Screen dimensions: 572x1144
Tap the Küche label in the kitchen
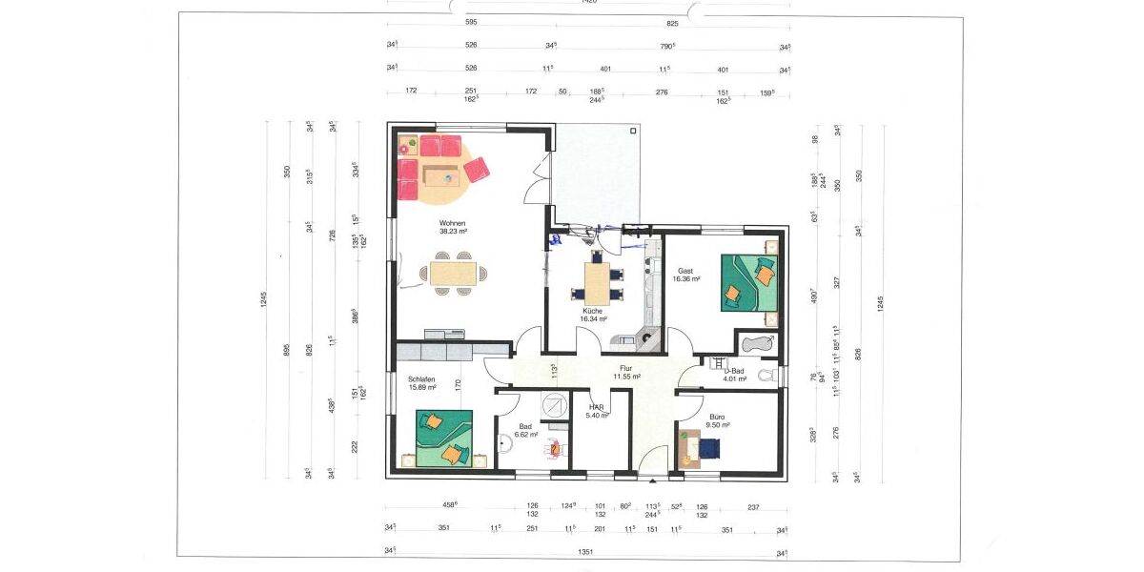[x=593, y=311]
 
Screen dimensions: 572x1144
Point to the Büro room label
[x=717, y=417]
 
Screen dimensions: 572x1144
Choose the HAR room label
[x=596, y=407]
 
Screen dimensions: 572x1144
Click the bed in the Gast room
[x=749, y=283]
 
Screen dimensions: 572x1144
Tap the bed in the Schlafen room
[x=444, y=439]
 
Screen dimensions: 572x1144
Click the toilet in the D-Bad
[x=768, y=376]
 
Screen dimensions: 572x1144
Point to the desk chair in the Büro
[x=710, y=446]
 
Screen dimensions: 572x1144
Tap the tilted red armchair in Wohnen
[x=477, y=170]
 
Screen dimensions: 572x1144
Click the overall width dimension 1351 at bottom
[x=580, y=551]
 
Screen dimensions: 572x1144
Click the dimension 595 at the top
[x=471, y=22]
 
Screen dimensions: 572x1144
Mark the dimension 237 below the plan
[x=753, y=507]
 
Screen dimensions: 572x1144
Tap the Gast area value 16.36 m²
[x=687, y=279]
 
